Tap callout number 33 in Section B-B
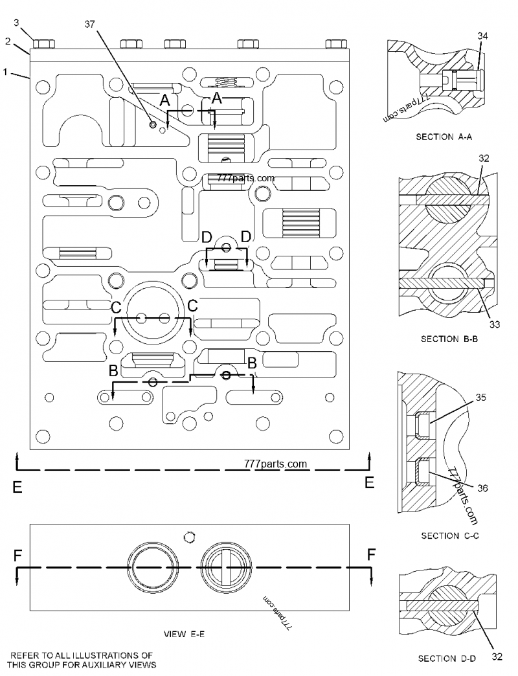[494, 325]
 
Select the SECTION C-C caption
[449, 535]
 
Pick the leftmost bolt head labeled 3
[43, 43]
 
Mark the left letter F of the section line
[17, 555]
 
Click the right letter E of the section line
[370, 482]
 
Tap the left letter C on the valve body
[116, 305]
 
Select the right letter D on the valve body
[245, 237]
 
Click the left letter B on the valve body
[113, 371]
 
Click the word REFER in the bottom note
[27, 655]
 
